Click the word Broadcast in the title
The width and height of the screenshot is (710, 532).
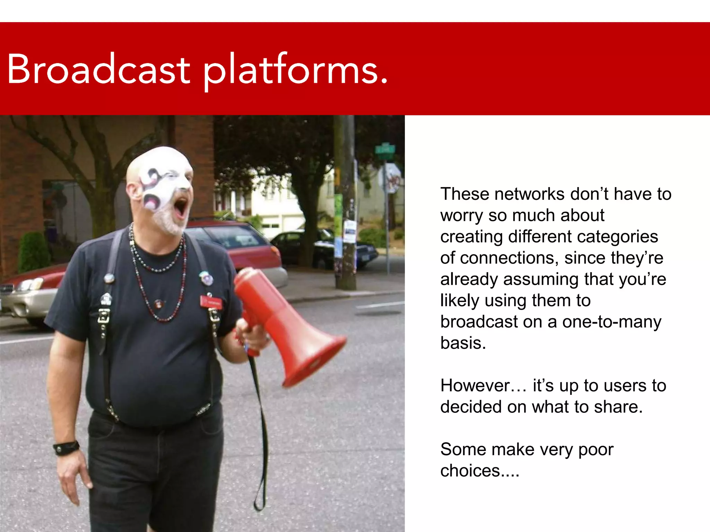[x=98, y=69]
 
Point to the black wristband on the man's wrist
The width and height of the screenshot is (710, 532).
[x=66, y=447]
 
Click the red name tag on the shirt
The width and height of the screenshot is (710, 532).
[x=211, y=302]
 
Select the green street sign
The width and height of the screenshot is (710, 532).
[x=385, y=150]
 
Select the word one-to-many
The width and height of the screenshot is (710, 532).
[x=612, y=322]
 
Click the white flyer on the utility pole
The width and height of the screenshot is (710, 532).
[x=349, y=231]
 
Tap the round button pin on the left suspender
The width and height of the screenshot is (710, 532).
[x=109, y=278]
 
